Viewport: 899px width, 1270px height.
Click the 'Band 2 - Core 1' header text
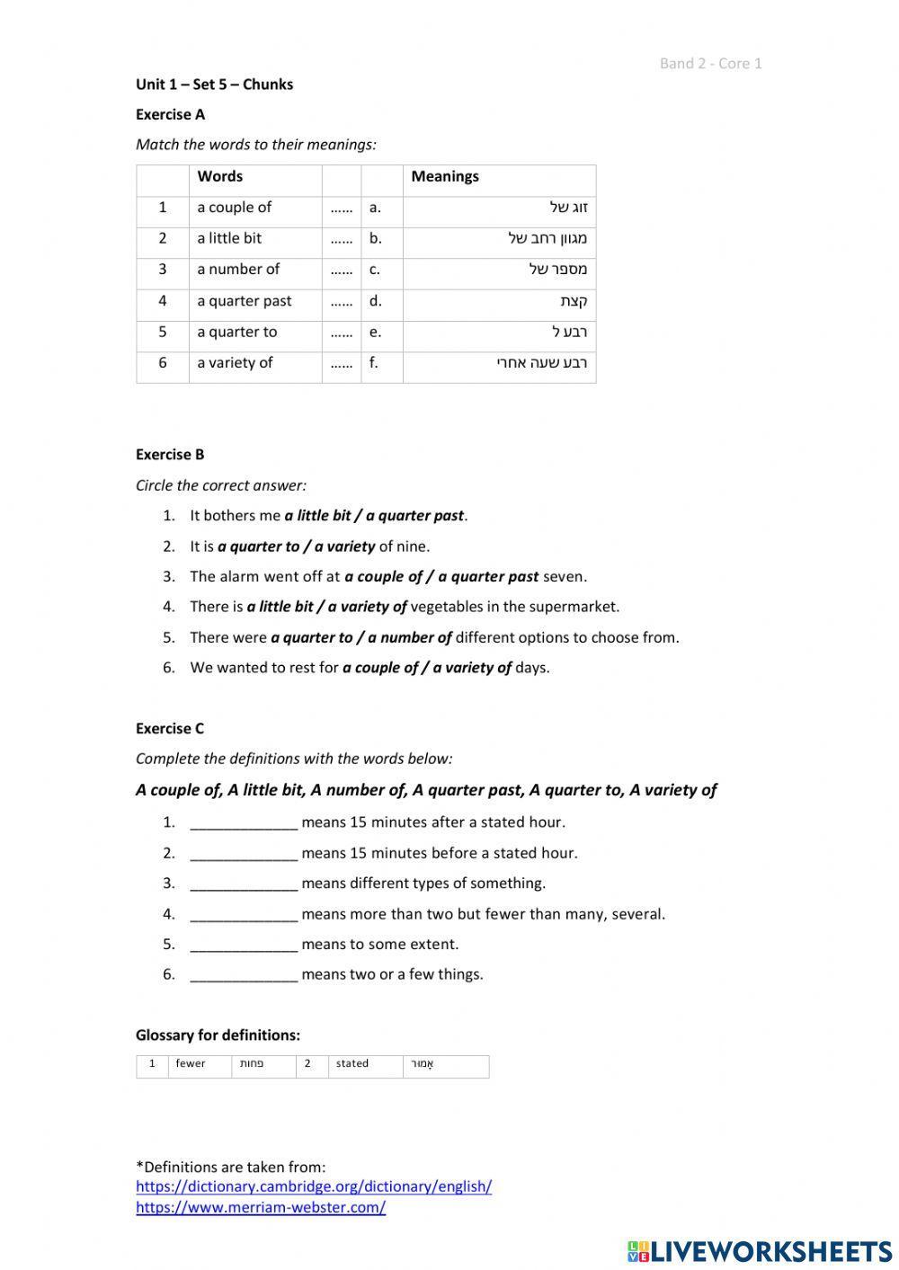click(710, 63)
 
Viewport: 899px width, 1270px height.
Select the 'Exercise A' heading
click(170, 114)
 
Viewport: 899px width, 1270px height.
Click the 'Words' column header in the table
click(220, 176)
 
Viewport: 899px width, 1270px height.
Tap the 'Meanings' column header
click(445, 176)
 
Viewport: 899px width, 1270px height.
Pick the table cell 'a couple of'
click(234, 208)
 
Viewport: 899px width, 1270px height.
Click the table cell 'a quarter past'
click(244, 301)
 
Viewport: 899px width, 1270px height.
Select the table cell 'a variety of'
click(235, 363)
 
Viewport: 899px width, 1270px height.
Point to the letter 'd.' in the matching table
click(375, 301)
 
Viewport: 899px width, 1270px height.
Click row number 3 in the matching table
click(163, 270)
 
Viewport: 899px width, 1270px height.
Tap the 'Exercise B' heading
click(170, 455)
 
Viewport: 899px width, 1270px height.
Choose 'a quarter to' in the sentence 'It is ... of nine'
click(258, 546)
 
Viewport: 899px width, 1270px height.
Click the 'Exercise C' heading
click(170, 729)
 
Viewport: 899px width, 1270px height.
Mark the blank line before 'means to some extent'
click(244, 945)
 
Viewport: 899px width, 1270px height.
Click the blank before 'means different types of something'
click(244, 884)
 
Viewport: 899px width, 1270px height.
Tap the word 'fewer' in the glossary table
click(191, 1064)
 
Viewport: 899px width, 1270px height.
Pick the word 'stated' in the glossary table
click(352, 1064)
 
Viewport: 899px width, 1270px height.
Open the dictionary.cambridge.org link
click(314, 1186)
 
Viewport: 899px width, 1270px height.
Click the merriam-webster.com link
click(261, 1208)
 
